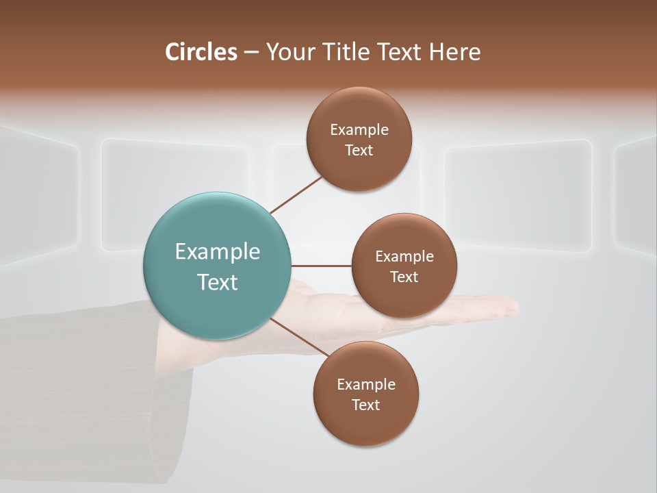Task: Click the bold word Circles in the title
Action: pos(201,52)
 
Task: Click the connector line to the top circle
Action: pos(296,195)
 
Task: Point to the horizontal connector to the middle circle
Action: pos(322,266)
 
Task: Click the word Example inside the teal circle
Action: pos(218,252)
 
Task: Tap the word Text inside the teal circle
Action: pos(218,282)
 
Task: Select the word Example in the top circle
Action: pos(359,129)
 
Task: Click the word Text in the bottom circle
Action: pos(366,405)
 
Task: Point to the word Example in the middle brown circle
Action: pos(404,256)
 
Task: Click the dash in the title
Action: pos(250,53)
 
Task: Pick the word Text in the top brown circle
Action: pos(359,150)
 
